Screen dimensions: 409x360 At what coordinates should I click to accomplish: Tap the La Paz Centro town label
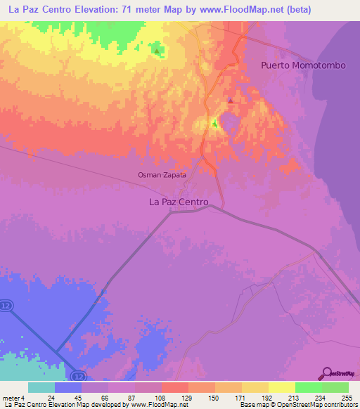pyautogui.click(x=179, y=202)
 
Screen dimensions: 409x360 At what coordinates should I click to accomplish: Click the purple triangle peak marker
pyautogui.click(x=230, y=100)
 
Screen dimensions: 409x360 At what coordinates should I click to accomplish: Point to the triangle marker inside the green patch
pyautogui.click(x=156, y=50)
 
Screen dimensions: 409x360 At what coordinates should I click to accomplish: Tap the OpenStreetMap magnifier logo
pyautogui.click(x=326, y=372)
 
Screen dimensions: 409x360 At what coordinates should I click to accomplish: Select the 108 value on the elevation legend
pyautogui.click(x=160, y=397)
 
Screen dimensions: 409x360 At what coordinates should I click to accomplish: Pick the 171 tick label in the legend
pyautogui.click(x=241, y=397)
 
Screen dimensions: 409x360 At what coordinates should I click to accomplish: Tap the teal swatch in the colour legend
pyautogui.click(x=41, y=387)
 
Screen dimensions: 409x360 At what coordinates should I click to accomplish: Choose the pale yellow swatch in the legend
pyautogui.click(x=281, y=387)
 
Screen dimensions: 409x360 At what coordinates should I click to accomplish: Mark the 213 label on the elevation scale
pyautogui.click(x=295, y=397)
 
